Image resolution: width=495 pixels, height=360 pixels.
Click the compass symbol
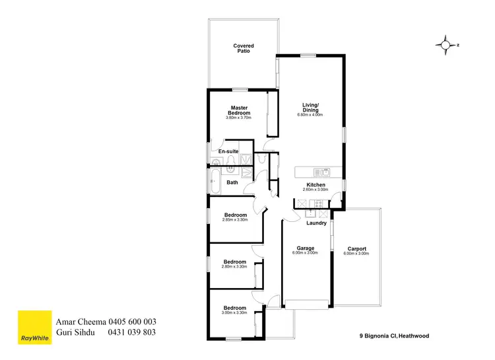pos(446,45)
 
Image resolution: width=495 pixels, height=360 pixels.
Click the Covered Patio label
pos(243,48)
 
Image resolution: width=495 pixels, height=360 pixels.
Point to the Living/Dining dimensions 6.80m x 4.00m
pos(310,116)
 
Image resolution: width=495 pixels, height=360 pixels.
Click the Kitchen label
pos(315,184)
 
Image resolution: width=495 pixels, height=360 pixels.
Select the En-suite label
pos(228,151)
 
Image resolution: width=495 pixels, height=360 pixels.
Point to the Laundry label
pos(317,223)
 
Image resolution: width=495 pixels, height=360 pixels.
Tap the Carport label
pos(356,248)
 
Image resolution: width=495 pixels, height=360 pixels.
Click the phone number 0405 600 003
pos(131,322)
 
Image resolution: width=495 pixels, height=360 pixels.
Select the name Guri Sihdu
pos(78,332)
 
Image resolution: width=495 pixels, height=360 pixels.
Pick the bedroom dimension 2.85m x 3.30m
pos(235,219)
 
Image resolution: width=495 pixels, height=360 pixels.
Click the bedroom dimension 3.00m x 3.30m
pos(235,312)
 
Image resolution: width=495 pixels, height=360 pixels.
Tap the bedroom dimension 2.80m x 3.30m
pos(235,266)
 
